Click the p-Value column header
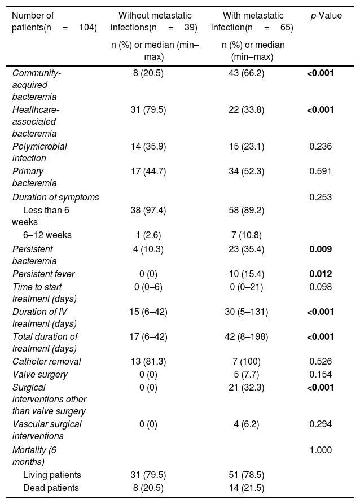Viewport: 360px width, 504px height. click(x=326, y=15)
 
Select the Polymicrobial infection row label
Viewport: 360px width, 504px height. click(x=39, y=152)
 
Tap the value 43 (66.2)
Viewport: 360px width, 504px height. click(x=246, y=73)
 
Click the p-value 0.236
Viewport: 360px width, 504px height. click(x=321, y=147)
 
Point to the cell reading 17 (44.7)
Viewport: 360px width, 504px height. click(x=148, y=172)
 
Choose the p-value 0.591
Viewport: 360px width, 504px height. click(x=321, y=172)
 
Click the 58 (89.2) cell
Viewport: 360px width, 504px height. click(x=246, y=210)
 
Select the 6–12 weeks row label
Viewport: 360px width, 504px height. click(x=47, y=235)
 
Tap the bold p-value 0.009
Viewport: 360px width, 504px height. click(x=321, y=249)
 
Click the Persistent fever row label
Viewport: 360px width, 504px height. click(x=43, y=274)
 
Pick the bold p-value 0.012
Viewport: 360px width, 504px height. click(x=321, y=274)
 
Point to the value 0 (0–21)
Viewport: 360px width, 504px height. click(x=246, y=287)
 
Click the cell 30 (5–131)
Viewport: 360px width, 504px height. click(x=246, y=312)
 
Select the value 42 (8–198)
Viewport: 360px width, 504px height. click(x=246, y=336)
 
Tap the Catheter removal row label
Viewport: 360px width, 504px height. click(x=47, y=362)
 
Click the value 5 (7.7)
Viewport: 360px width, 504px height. click(x=246, y=374)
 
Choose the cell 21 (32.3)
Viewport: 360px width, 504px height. click(x=246, y=388)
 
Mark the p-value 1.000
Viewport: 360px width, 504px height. click(x=321, y=450)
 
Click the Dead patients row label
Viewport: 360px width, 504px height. click(x=51, y=488)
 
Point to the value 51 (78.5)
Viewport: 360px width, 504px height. click(x=246, y=475)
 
